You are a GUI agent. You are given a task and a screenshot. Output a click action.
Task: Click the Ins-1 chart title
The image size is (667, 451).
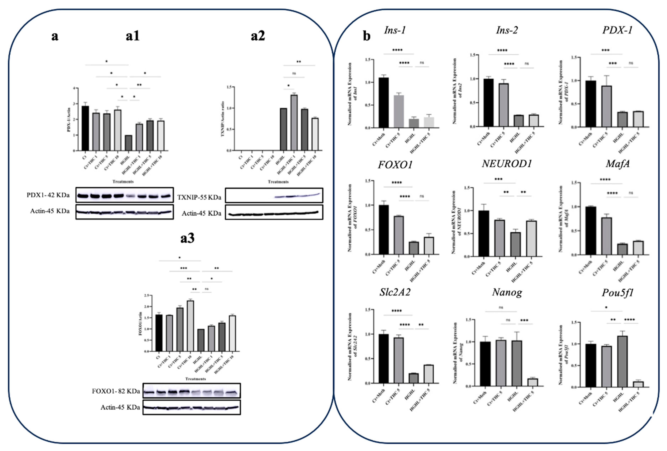point(395,30)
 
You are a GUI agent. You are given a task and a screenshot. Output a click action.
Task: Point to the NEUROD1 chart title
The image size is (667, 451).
point(507,164)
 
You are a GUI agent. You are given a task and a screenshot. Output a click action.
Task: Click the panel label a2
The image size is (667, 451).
point(258,36)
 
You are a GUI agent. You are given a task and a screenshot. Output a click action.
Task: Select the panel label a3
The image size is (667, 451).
point(187,238)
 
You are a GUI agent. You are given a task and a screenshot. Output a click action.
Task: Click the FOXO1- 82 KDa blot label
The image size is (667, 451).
point(116,391)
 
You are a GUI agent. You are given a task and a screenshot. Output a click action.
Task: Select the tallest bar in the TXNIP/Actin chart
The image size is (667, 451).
point(294,123)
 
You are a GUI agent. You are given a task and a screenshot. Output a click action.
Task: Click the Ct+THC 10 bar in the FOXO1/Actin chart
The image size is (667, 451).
point(190,326)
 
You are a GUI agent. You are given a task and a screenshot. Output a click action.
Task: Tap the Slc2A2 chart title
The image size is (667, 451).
point(395,292)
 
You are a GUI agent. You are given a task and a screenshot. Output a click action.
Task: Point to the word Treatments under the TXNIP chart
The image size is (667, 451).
point(278,182)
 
